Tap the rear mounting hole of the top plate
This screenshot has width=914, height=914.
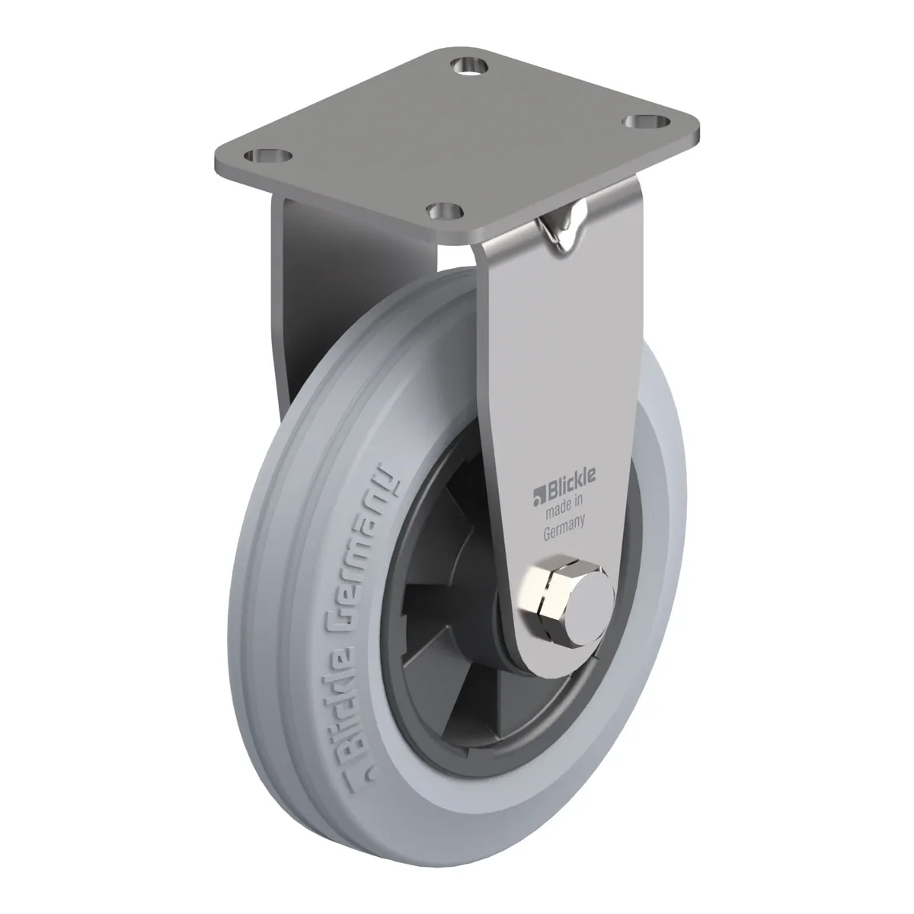470,66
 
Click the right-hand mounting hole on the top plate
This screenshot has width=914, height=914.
647,122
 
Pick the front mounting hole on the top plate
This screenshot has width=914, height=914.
445,209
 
